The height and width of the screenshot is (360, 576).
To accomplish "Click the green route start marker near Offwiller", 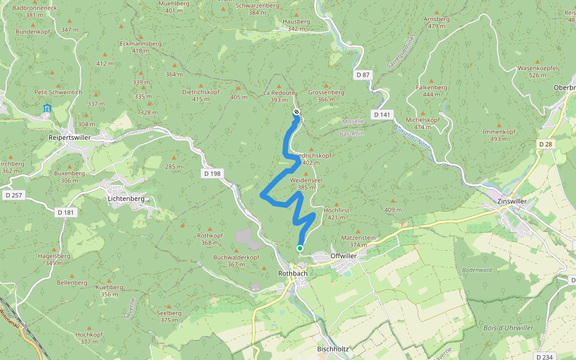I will pyautogui.click(x=299, y=248).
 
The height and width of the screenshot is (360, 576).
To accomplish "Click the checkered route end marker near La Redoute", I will pyautogui.click(x=296, y=112).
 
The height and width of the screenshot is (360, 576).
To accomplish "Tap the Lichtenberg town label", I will pyautogui.click(x=125, y=198).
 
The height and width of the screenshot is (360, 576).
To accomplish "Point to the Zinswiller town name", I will pyautogui.click(x=512, y=202).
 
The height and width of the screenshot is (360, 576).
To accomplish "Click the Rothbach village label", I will pyautogui.click(x=293, y=273).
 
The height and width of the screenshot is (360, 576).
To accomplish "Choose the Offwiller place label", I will pyautogui.click(x=343, y=256).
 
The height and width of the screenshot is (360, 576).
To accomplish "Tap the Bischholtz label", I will pyautogui.click(x=333, y=349).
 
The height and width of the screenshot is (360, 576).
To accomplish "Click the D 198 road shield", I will pyautogui.click(x=212, y=173).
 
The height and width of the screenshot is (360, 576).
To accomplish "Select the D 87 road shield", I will pyautogui.click(x=363, y=75).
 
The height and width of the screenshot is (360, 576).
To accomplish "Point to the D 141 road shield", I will pyautogui.click(x=382, y=114).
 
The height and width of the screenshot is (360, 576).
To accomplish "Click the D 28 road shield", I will pyautogui.click(x=545, y=144).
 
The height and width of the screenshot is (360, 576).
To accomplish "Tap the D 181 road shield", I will pyautogui.click(x=65, y=212).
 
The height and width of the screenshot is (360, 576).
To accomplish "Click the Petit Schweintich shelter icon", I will pyautogui.click(x=47, y=109).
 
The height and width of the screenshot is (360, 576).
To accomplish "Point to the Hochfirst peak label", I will pyautogui.click(x=336, y=211).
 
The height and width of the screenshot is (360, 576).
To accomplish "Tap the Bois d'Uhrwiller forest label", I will pyautogui.click(x=508, y=328).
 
